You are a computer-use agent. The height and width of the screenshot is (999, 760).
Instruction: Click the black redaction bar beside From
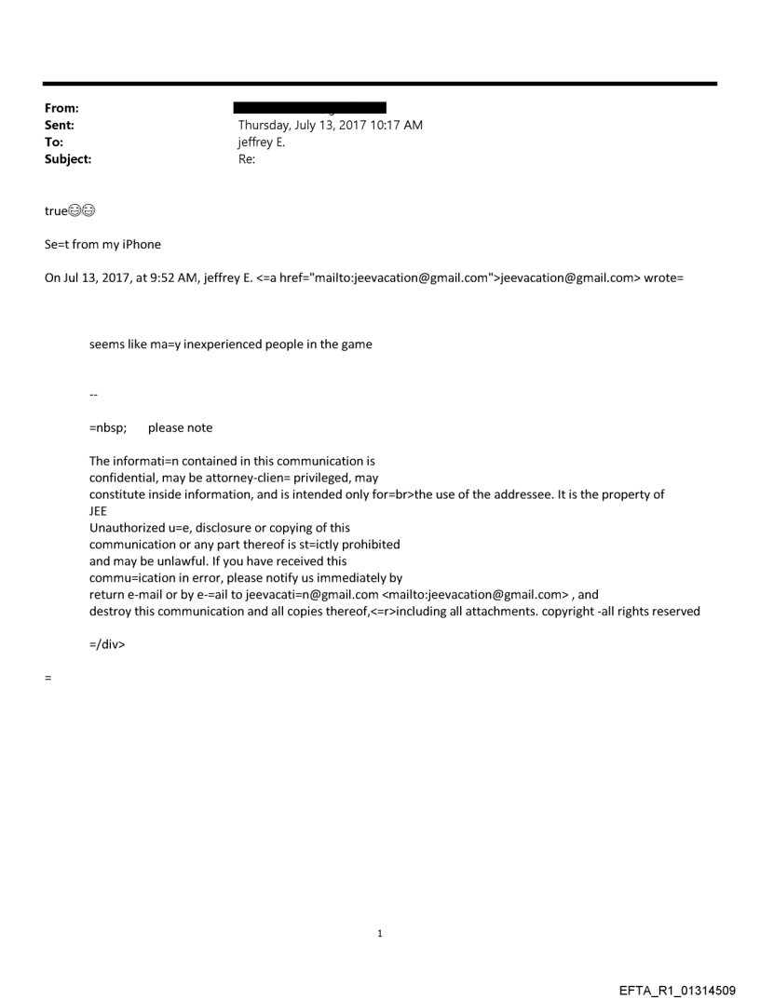[x=312, y=108]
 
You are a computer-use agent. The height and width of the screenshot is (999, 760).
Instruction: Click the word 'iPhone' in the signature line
[x=142, y=245]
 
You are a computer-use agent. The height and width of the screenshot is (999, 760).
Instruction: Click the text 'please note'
[x=180, y=428]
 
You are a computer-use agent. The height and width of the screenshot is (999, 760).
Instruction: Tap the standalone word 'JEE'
[x=99, y=511]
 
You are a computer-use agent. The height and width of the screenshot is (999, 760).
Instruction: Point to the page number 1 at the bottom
[x=380, y=933]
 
